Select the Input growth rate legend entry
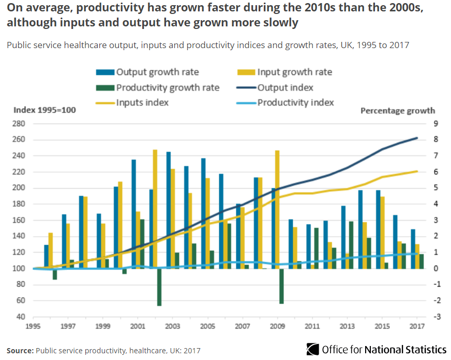[294, 72]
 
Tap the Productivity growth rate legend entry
[168, 87]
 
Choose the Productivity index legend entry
[295, 102]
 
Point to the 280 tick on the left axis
[19, 124]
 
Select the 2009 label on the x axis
[277, 326]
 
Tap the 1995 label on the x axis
[34, 326]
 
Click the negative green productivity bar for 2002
[159, 287]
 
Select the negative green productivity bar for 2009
[281, 286]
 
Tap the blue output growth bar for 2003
[168, 210]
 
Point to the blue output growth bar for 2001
[133, 214]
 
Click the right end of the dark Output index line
[417, 138]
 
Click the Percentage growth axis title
[397, 111]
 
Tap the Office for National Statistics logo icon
[312, 349]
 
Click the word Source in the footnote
[20, 350]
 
